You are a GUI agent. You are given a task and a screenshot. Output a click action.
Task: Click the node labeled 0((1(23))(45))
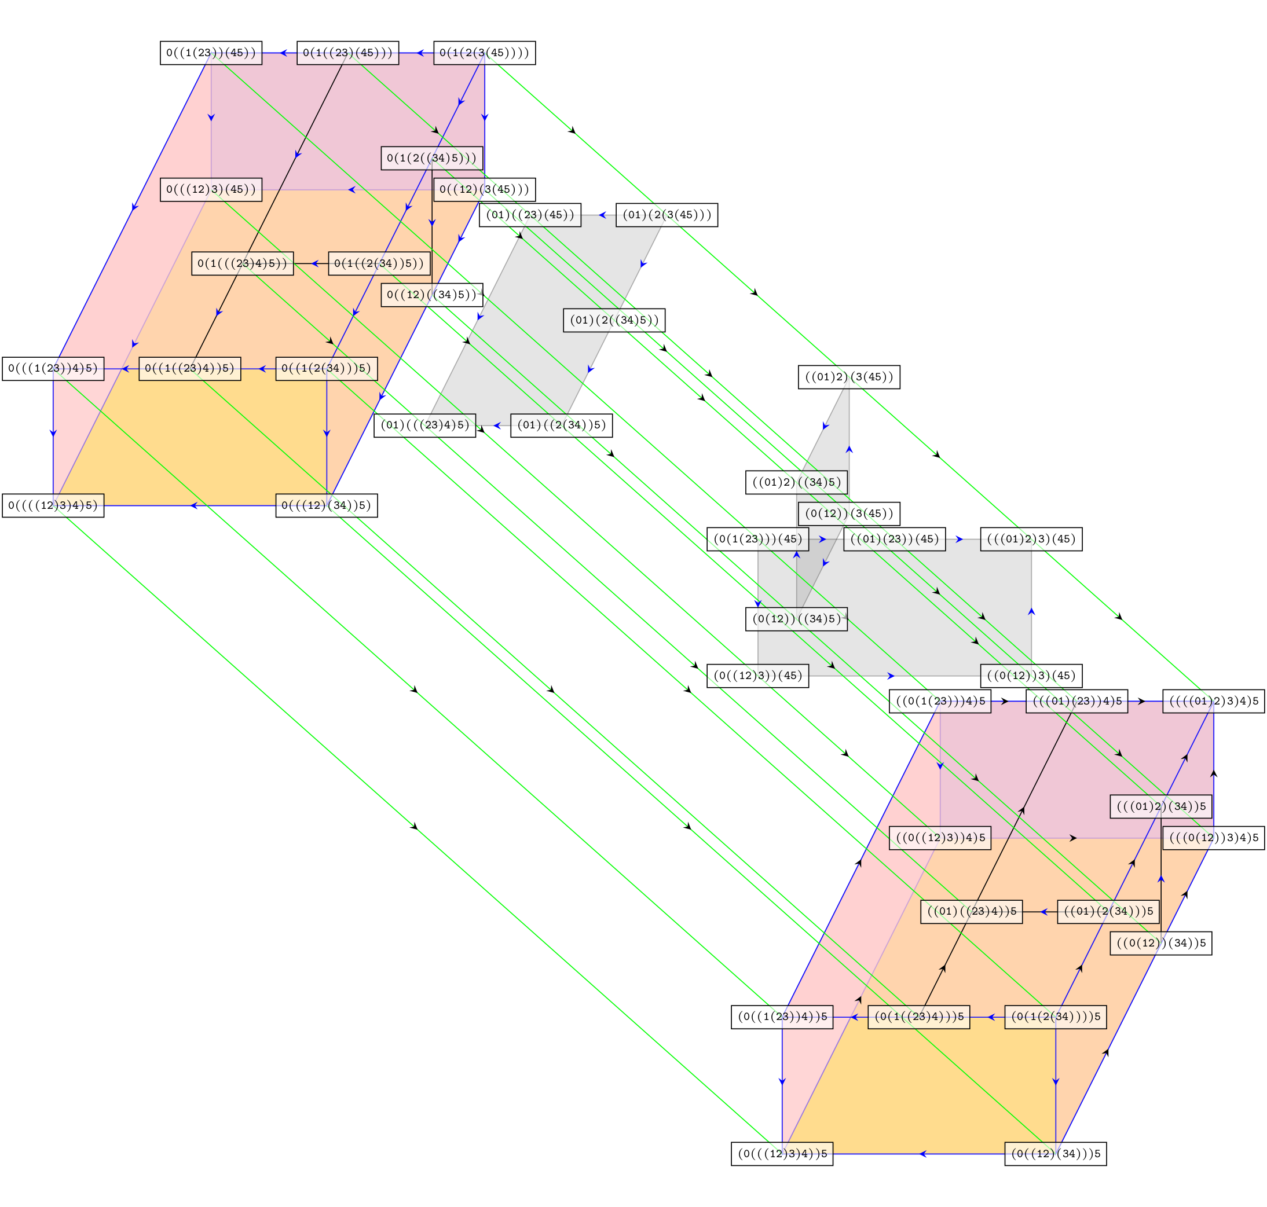[211, 53]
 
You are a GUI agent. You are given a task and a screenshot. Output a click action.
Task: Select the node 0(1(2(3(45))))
[485, 53]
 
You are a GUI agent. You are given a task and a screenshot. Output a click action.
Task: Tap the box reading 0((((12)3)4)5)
[53, 506]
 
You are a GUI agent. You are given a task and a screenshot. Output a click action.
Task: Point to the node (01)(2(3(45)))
[667, 215]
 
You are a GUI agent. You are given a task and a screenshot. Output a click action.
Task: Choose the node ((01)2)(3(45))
[849, 377]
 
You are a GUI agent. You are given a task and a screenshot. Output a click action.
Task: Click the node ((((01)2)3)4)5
[1213, 701]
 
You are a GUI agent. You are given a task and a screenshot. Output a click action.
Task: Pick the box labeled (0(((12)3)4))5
[782, 1154]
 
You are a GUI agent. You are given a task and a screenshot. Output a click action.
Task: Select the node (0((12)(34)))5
[1055, 1154]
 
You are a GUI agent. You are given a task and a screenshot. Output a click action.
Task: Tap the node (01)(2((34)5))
[614, 320]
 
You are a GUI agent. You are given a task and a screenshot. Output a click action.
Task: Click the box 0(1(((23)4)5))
[243, 264]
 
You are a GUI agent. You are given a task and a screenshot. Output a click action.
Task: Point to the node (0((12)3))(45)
[757, 676]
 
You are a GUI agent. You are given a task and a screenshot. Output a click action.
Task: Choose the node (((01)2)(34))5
[1161, 807]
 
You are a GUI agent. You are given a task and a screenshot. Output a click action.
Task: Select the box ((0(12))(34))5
[1161, 943]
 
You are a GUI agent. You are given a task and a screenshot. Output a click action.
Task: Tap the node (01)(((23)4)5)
[424, 425]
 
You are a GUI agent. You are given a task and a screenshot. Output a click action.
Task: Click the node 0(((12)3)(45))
[211, 190]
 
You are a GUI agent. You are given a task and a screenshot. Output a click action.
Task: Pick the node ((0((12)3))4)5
[939, 838]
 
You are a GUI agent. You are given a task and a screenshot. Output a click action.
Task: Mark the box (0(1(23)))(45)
[757, 539]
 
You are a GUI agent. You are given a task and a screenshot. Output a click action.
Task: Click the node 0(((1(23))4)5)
[53, 369]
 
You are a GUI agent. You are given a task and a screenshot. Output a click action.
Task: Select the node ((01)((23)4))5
[971, 912]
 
